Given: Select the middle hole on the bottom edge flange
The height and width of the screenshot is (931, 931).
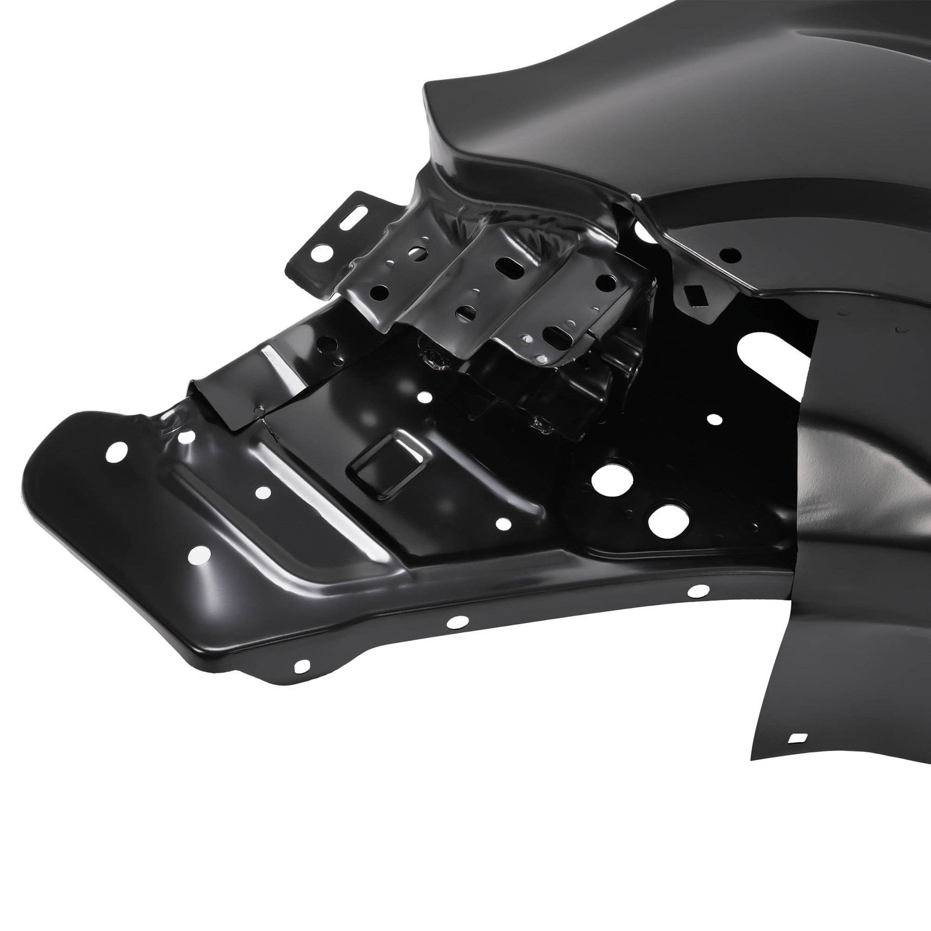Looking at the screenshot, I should point(455,622).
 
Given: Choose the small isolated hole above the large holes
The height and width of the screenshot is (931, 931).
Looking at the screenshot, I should point(712,418).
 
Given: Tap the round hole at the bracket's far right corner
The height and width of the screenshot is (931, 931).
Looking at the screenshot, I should point(606,283).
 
